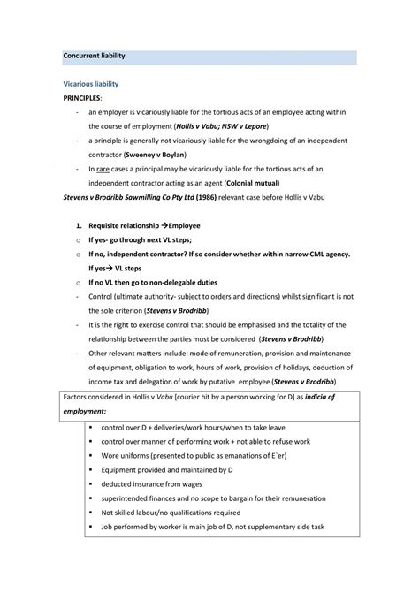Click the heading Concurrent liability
[94, 56]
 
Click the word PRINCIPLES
[82, 98]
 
